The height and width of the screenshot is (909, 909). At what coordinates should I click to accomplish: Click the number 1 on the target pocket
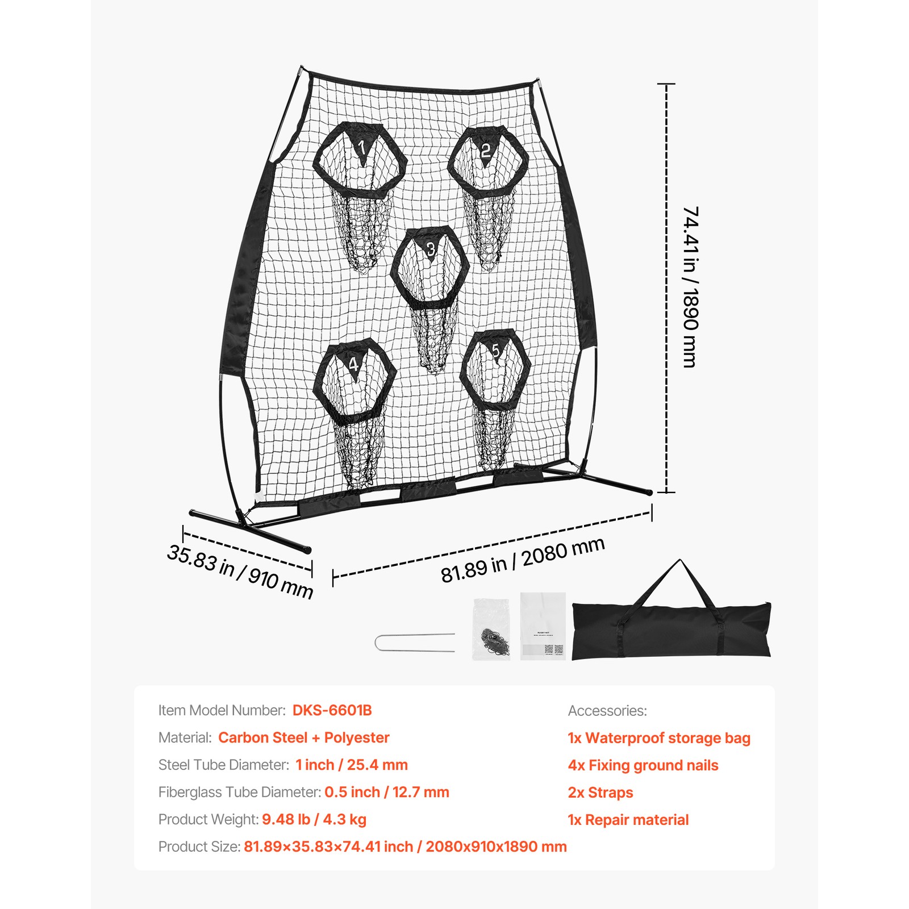pyautogui.click(x=362, y=148)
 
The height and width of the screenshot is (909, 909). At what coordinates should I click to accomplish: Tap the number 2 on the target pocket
pyautogui.click(x=485, y=151)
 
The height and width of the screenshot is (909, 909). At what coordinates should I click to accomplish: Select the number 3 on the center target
pyautogui.click(x=431, y=249)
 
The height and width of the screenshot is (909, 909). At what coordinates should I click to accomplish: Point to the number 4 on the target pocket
pyautogui.click(x=353, y=364)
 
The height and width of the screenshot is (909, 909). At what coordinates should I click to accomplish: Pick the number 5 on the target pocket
pyautogui.click(x=495, y=351)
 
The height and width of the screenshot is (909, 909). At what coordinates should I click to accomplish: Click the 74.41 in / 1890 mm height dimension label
pyautogui.click(x=690, y=287)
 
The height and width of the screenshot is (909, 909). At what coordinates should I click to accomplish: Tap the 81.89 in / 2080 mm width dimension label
pyautogui.click(x=523, y=560)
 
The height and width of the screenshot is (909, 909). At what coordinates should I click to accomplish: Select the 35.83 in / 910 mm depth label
pyautogui.click(x=240, y=571)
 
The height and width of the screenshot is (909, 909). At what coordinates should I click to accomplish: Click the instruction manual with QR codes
pyautogui.click(x=543, y=626)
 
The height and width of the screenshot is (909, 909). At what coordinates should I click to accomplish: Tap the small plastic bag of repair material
pyautogui.click(x=491, y=629)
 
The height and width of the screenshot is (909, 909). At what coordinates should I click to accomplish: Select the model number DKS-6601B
pyautogui.click(x=332, y=710)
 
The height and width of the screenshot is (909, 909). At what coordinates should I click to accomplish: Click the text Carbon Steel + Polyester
pyautogui.click(x=303, y=737)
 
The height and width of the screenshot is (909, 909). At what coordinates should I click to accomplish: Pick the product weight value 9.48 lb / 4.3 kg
pyautogui.click(x=314, y=819)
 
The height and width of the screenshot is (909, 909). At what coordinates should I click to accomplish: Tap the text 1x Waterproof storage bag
pyautogui.click(x=659, y=738)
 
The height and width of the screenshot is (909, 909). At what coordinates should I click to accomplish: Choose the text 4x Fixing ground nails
pyautogui.click(x=643, y=765)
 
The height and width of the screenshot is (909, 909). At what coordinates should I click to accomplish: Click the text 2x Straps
pyautogui.click(x=601, y=793)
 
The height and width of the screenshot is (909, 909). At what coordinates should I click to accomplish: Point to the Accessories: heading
pyautogui.click(x=607, y=711)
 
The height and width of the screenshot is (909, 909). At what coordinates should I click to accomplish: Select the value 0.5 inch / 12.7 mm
pyautogui.click(x=386, y=792)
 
